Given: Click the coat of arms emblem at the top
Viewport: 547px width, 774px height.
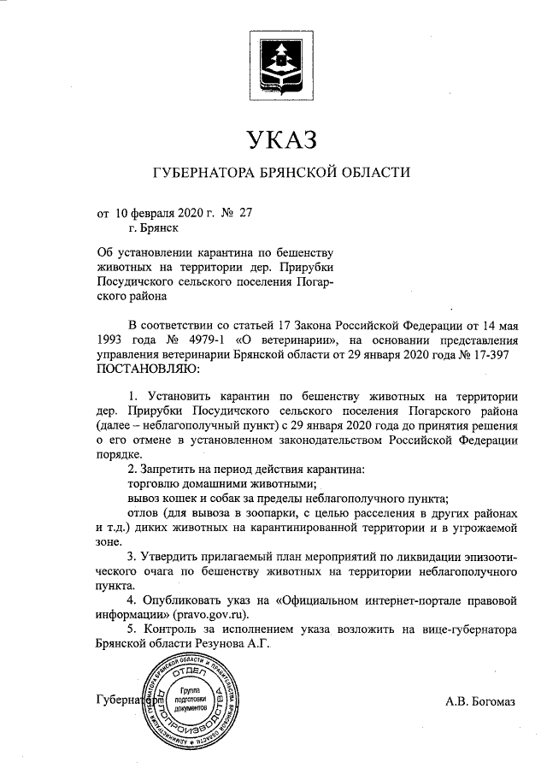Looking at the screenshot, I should (277, 62).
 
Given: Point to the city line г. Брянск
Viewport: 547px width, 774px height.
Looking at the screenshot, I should (155, 227).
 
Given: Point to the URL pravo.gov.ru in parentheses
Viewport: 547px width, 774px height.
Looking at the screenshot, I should (212, 614).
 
